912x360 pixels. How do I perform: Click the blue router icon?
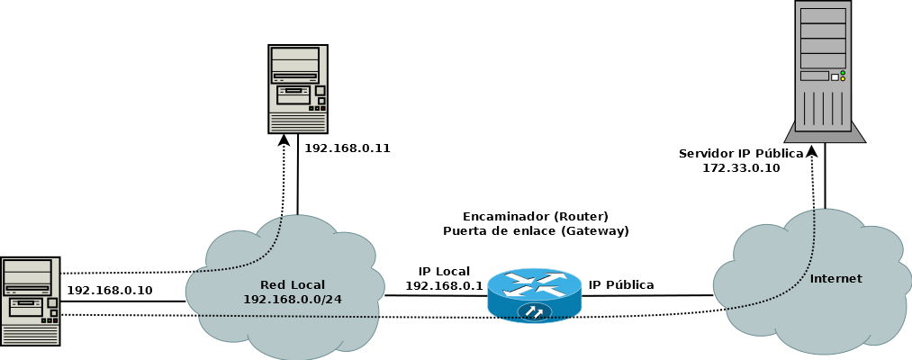[535, 294]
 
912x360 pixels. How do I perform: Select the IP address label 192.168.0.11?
[348, 148]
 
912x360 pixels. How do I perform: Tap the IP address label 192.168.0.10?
[110, 290]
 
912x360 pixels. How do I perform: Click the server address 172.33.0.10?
[741, 167]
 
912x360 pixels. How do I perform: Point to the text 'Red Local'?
[292, 284]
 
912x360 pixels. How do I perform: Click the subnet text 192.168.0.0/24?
[292, 298]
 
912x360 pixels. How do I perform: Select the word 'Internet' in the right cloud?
[835, 278]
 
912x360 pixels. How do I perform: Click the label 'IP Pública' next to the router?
[621, 284]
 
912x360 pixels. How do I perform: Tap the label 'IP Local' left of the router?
[444, 271]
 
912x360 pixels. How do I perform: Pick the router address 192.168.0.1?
[444, 285]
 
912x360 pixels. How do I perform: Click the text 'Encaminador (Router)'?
[536, 217]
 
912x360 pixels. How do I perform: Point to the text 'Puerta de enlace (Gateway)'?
[536, 231]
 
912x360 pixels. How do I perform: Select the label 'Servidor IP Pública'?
[741, 154]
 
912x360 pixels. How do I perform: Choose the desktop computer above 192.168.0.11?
[298, 88]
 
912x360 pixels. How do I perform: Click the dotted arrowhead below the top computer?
[284, 139]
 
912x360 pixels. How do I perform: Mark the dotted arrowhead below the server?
[810, 149]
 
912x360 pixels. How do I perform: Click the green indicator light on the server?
[843, 73]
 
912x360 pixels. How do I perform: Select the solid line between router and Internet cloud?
[648, 295]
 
